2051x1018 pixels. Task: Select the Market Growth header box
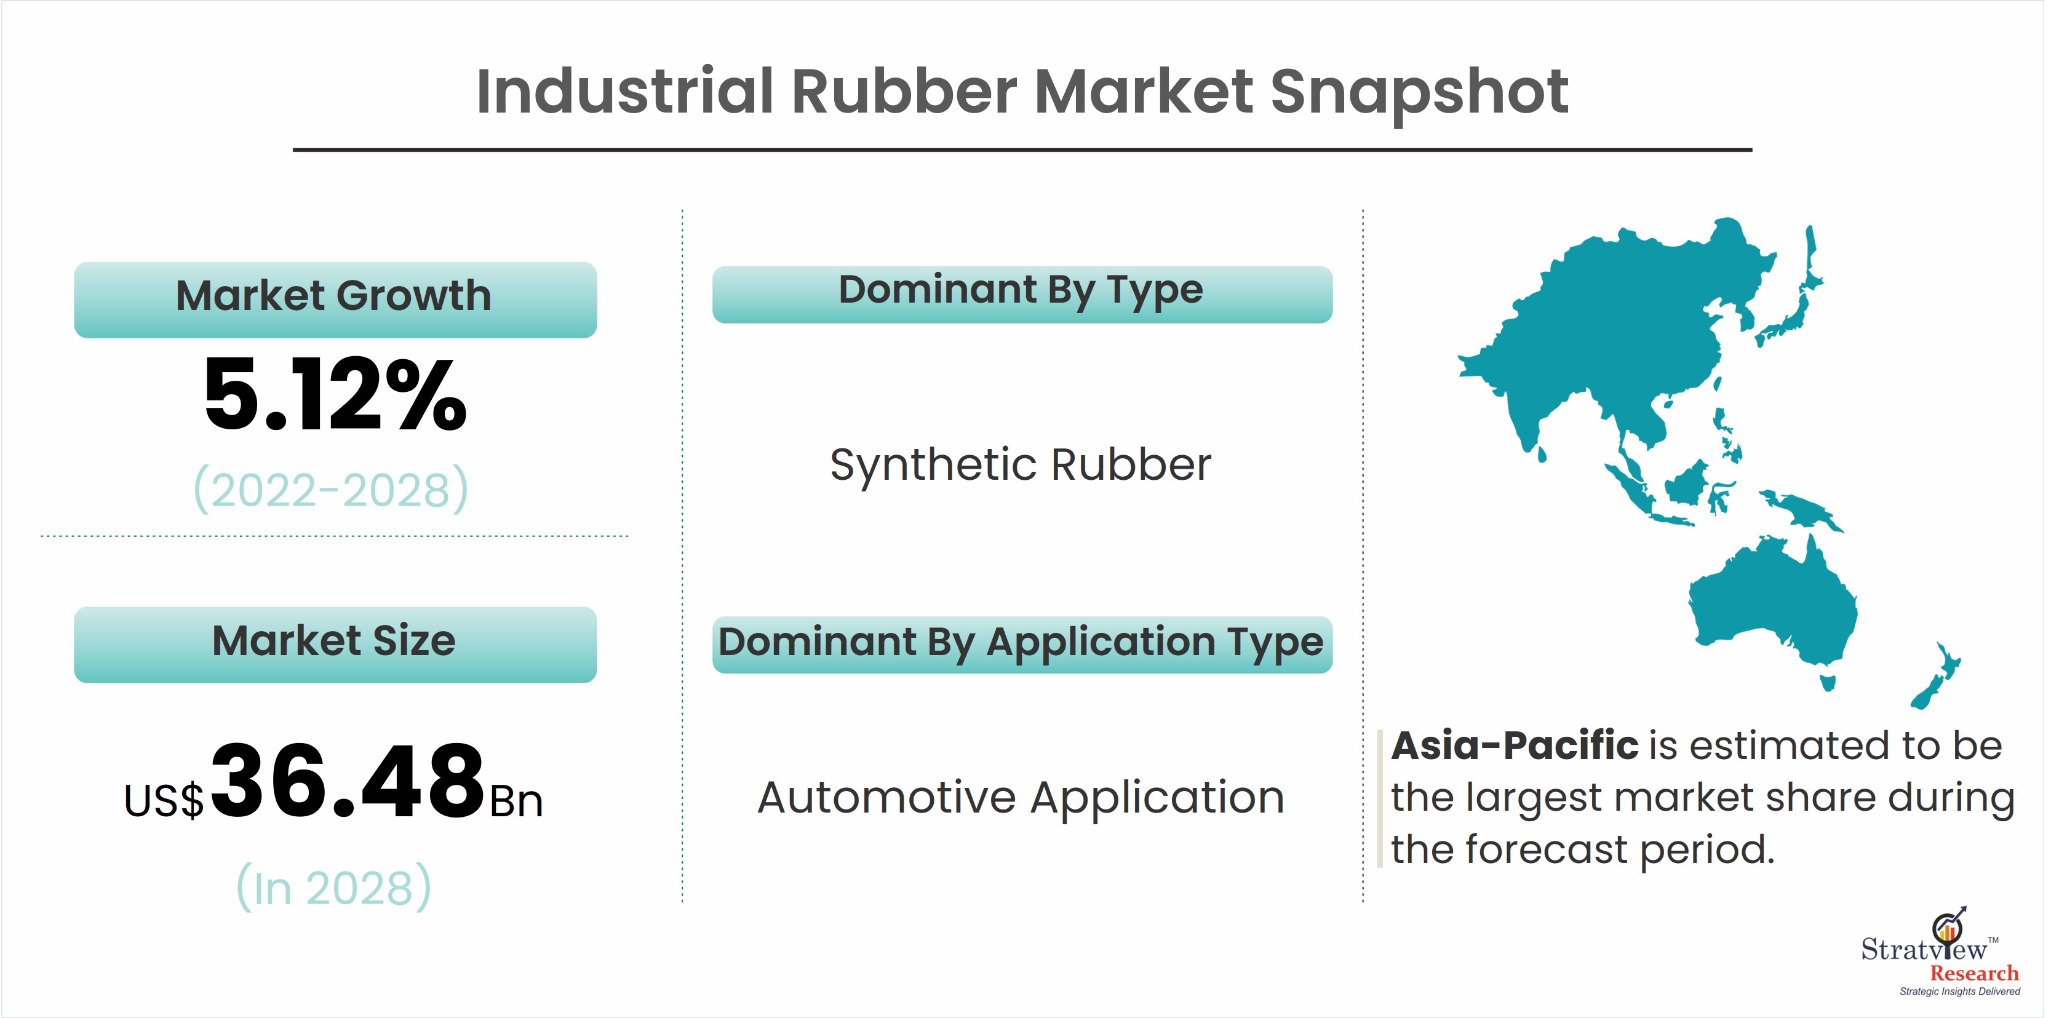335,300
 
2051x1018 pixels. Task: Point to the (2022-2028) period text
331,490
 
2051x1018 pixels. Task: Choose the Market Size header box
335,644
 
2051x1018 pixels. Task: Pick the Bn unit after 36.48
516,801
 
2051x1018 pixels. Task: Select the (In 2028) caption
333,888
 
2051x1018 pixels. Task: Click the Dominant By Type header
1022,293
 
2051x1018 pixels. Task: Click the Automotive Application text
1021,798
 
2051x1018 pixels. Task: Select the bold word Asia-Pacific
1515,746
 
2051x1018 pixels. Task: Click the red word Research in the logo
1973,972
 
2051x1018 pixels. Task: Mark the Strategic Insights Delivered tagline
1959,992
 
